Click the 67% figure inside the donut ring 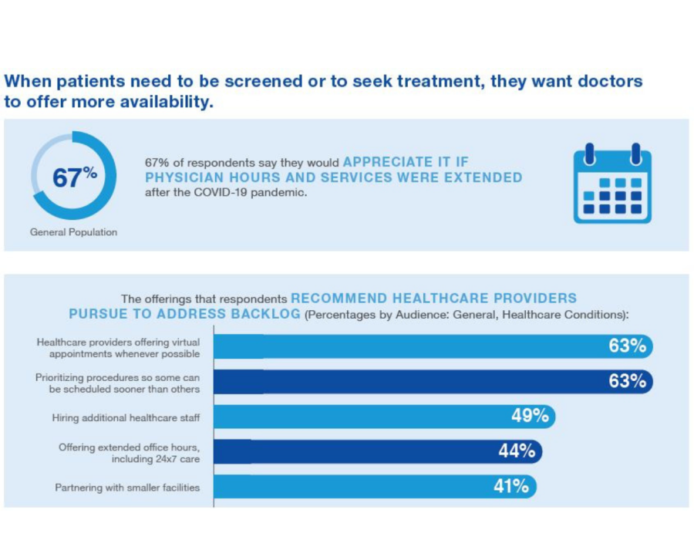pos(74,177)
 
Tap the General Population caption pos(74,231)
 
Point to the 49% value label pos(530,417)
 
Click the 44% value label pos(517,451)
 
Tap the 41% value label pos(511,487)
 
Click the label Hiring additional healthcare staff pos(126,417)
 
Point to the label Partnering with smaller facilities pos(127,488)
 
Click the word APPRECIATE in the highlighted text pos(388,162)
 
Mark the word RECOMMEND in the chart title pos(339,299)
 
